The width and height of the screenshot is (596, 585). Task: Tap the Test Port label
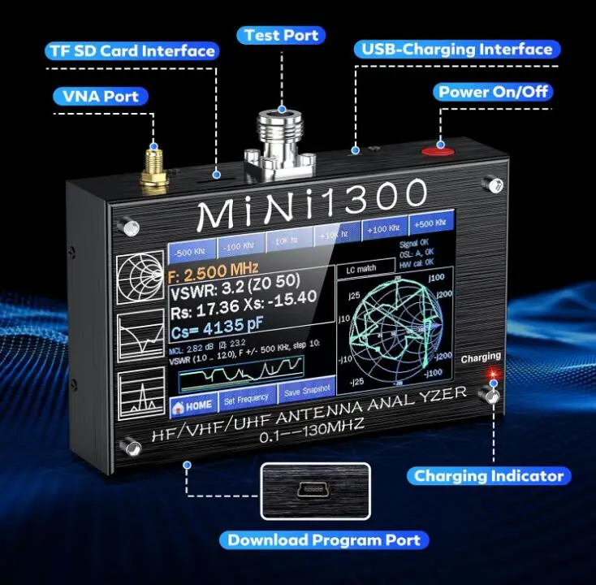point(282,35)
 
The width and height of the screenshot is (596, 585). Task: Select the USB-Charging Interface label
point(456,50)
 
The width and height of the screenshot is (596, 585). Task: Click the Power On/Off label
point(493,91)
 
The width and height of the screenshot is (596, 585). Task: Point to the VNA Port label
point(101,96)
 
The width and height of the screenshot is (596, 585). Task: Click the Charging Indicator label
point(489,476)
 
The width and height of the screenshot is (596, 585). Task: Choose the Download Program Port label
point(324,539)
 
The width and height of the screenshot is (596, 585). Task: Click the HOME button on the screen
point(192,404)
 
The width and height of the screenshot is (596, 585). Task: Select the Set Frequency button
point(246,399)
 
